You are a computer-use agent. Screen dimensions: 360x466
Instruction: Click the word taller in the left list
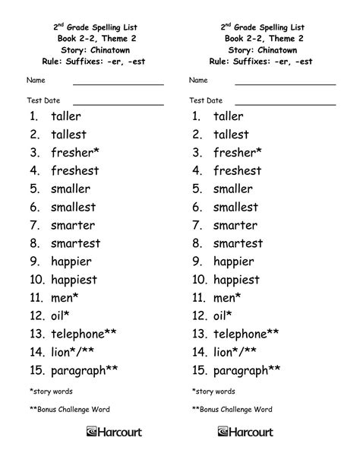coord(65,116)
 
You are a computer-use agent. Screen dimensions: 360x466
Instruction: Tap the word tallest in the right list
coord(231,135)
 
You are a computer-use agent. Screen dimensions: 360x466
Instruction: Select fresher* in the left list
coord(73,153)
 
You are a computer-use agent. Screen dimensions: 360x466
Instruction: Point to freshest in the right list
coord(237,171)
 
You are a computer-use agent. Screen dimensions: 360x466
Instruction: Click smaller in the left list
coord(70,189)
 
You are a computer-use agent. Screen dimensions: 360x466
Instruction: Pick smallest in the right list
coord(235,207)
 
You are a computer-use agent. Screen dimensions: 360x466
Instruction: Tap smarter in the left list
coord(73,225)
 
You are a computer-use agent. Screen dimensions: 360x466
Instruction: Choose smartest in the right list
coord(238,243)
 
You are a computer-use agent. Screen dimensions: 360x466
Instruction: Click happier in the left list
coord(71,262)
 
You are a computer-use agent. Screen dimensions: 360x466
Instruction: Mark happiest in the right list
coord(236,280)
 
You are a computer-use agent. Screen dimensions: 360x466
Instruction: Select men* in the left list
coord(65,298)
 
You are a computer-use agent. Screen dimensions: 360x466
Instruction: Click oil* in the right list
coord(223,316)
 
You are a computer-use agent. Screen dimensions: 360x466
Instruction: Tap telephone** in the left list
coord(84,334)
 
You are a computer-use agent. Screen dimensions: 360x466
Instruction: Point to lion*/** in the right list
coord(235,352)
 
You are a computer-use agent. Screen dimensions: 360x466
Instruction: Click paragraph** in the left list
coord(84,370)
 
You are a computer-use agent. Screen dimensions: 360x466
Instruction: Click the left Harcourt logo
coord(114,433)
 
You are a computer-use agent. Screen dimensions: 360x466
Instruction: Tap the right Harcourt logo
coord(278,433)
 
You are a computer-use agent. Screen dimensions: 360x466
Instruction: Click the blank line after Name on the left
coord(118,83)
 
